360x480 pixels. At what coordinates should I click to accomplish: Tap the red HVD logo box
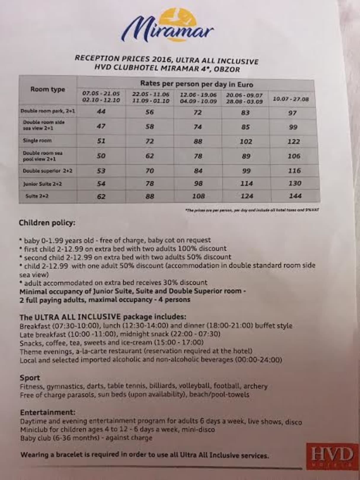point(332,456)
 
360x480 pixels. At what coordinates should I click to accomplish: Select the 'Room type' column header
point(48,89)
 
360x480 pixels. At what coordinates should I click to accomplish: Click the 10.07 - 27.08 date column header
point(291,99)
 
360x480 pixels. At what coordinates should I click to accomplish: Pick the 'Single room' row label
point(37,140)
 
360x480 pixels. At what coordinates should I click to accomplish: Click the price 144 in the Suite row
point(295,196)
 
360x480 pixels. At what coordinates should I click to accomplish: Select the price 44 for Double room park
point(101,111)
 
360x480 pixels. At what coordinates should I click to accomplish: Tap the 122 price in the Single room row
point(294,141)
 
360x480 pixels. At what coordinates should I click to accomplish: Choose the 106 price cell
point(294,156)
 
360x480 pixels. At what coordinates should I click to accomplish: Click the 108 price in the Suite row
point(198,196)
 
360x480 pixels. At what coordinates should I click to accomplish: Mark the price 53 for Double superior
point(101,171)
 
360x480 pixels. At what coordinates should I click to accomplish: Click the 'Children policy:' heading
point(47,223)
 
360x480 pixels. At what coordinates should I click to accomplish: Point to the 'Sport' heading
point(30,378)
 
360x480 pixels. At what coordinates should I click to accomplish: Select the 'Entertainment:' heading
point(48,412)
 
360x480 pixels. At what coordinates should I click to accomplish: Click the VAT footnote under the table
point(252,210)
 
